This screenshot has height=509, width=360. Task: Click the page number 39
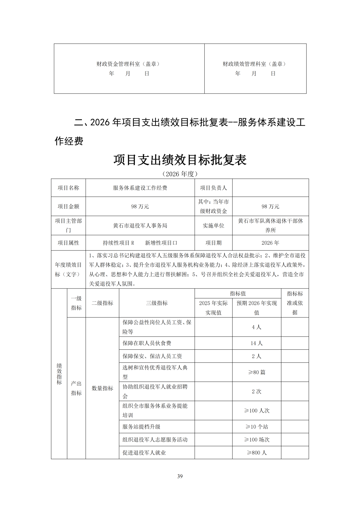(x=180, y=476)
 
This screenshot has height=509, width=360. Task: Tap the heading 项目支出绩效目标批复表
(x=180, y=160)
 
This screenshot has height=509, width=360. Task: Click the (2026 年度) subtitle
(x=180, y=174)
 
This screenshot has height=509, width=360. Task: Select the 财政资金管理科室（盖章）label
(x=129, y=64)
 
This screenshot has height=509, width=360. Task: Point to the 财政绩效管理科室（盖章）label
(x=255, y=64)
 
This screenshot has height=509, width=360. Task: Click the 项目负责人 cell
(x=213, y=188)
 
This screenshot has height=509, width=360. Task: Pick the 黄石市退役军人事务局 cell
(x=140, y=226)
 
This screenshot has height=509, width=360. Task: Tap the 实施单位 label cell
(x=213, y=226)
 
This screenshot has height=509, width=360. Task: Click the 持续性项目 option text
(x=116, y=243)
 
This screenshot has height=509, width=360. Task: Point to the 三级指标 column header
(x=157, y=303)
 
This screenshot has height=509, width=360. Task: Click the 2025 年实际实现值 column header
(x=213, y=308)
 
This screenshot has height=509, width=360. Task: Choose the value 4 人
(x=256, y=327)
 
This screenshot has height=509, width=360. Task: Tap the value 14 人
(x=256, y=343)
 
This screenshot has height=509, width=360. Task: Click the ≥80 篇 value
(x=256, y=372)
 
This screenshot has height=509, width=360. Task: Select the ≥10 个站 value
(x=256, y=427)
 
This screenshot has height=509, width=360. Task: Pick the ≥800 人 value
(x=256, y=453)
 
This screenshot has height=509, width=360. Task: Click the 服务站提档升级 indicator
(x=141, y=427)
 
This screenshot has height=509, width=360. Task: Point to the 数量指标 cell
(x=102, y=388)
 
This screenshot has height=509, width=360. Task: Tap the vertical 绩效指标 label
(x=59, y=374)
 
